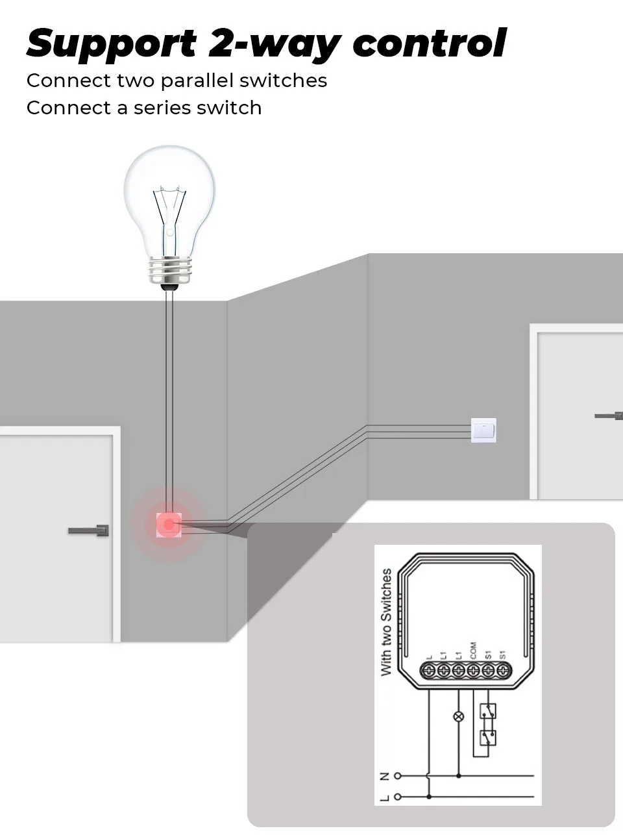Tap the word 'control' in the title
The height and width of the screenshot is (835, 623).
pos(429,43)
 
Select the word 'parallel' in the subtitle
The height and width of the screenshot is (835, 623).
pos(197,81)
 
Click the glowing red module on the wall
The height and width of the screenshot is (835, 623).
pos(169,524)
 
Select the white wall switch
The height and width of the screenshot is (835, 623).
pos(483,430)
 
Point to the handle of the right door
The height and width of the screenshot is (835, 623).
pos(609,416)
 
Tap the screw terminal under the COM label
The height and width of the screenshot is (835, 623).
pos(473,670)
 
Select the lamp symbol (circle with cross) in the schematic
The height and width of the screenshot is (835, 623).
pos(459,717)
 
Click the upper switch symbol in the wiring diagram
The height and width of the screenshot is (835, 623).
pos(487,712)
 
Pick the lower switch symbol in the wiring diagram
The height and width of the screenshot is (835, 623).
pos(487,737)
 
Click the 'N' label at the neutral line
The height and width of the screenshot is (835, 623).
pos(384,776)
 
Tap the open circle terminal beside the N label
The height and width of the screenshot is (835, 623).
pos(398,776)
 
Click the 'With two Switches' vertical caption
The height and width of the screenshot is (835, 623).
pos(386,622)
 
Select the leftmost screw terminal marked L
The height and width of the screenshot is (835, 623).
pos(428,670)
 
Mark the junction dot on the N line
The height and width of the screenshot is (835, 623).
pos(459,776)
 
